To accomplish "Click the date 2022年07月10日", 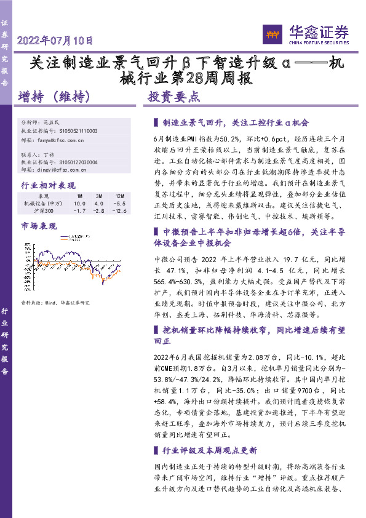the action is pyautogui.click(x=55, y=41).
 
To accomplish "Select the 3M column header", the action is pyautogui.click(x=98, y=195).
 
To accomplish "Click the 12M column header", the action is pyautogui.click(x=120, y=195).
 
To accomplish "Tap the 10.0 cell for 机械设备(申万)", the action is pyautogui.click(x=79, y=203).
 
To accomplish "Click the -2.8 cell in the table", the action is pyautogui.click(x=98, y=211).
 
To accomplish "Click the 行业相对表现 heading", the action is pyautogui.click(x=48, y=185).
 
